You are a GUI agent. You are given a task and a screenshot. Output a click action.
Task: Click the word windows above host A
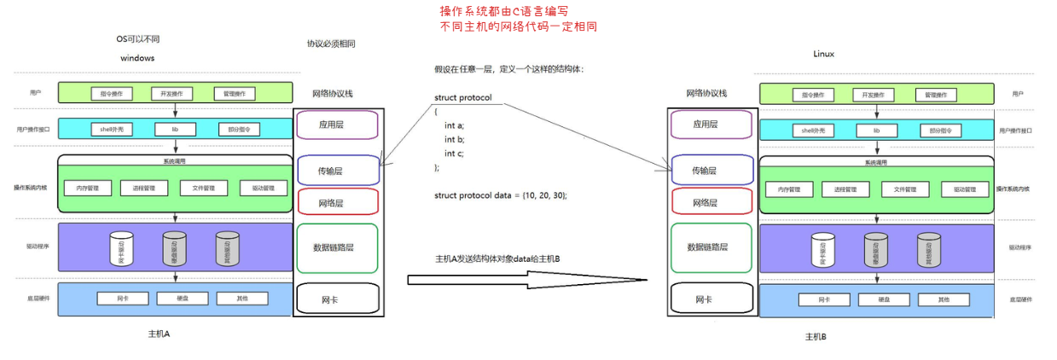(x=137, y=58)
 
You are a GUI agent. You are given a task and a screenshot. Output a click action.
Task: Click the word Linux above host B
(x=823, y=54)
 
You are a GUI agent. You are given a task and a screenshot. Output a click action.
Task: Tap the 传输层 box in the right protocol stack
(x=711, y=171)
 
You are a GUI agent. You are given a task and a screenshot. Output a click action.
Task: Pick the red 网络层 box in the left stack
(x=336, y=202)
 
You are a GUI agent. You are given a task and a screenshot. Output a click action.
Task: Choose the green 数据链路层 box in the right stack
(x=711, y=247)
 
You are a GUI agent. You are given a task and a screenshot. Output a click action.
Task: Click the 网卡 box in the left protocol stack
(x=336, y=299)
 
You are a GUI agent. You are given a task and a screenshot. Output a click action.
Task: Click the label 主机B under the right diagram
(x=816, y=337)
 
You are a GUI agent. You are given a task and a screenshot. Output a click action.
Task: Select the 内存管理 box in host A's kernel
(x=88, y=189)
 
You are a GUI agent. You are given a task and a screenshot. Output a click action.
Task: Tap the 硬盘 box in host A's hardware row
(x=177, y=299)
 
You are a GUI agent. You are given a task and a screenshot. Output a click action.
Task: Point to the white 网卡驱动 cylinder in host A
(x=120, y=248)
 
